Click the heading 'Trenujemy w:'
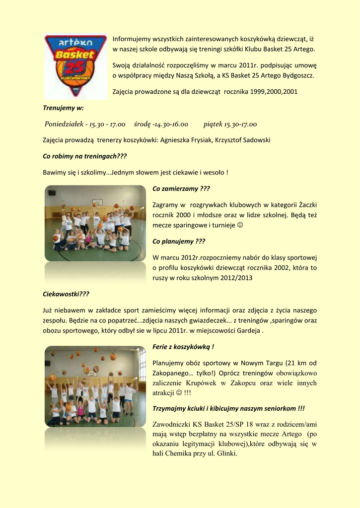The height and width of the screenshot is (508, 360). click(63, 108)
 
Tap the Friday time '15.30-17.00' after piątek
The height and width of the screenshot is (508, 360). click(240, 124)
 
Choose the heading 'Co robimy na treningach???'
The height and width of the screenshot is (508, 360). click(85, 156)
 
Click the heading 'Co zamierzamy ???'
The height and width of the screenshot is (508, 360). click(181, 189)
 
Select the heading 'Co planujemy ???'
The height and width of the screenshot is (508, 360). click(179, 242)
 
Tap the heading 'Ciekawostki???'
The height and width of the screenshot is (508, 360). click(66, 294)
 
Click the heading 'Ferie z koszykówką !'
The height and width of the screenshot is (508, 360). click(183, 347)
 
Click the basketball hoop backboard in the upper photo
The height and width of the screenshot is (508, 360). click(98, 202)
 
